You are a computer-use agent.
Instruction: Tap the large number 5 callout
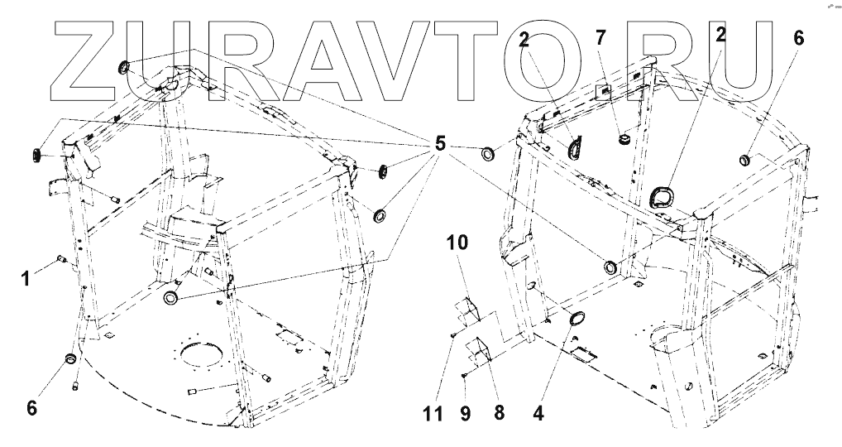[x=439, y=145]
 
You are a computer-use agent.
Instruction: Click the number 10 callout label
[x=457, y=244]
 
